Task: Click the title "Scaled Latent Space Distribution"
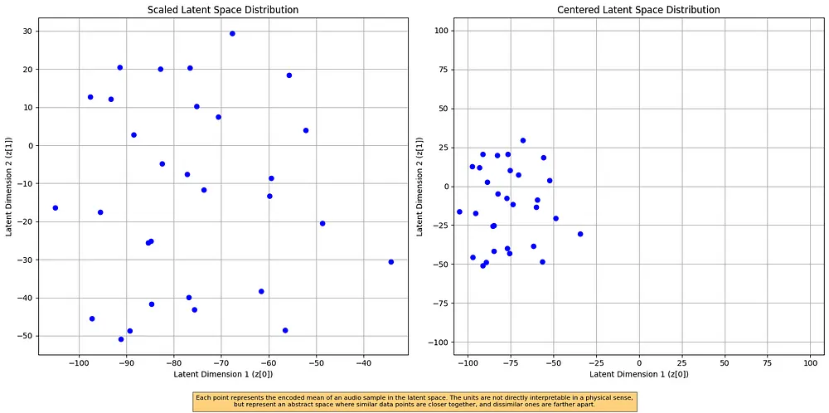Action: (223, 10)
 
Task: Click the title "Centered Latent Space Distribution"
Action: (638, 10)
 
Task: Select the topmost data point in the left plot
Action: (232, 33)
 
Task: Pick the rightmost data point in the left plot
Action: (390, 262)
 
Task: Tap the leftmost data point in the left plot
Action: (55, 208)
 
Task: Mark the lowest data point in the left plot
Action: (121, 339)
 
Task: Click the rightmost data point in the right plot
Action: (580, 234)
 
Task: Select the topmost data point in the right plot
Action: (523, 140)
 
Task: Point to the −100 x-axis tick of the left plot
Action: (79, 363)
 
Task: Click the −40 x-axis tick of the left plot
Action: (364, 363)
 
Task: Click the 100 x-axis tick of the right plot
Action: (811, 363)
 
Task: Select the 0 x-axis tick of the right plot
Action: (639, 363)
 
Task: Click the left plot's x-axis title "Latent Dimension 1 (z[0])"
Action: (223, 374)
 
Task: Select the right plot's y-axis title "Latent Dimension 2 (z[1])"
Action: (420, 186)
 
